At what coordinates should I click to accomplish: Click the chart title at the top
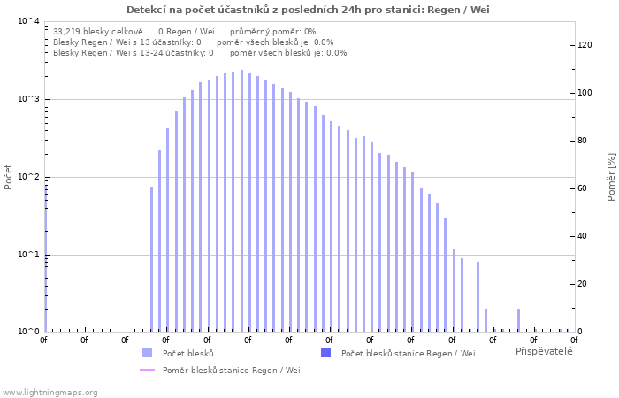308,10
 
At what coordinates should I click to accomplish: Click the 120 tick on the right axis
585,45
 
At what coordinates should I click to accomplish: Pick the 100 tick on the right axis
585,93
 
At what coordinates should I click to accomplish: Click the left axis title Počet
9,176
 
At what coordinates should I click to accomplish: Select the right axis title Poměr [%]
611,176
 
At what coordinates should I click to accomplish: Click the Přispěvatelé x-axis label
544,351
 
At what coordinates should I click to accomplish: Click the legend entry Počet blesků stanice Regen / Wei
408,353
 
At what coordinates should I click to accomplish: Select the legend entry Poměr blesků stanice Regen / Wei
231,370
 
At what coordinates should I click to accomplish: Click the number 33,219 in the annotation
68,31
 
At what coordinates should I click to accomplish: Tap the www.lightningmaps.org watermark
50,392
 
